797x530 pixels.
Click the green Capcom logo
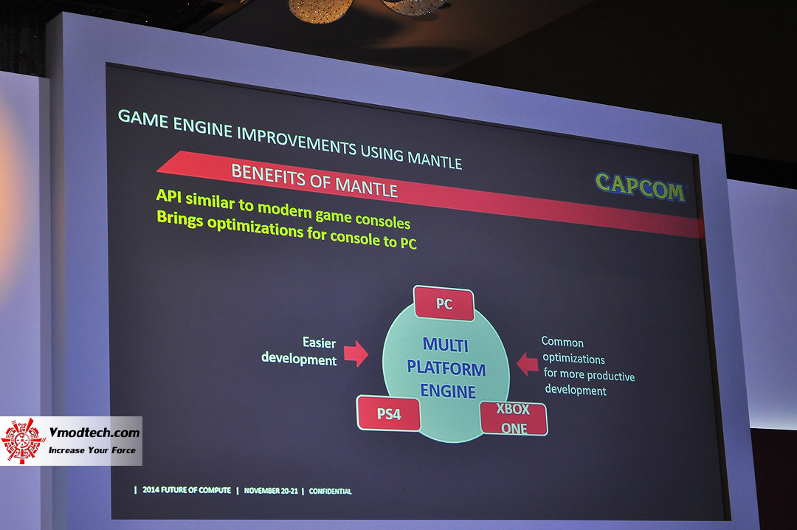tap(640, 187)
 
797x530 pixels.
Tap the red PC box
tap(444, 303)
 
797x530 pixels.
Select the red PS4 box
tap(389, 413)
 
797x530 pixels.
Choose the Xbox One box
tap(513, 419)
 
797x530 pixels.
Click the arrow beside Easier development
tap(356, 353)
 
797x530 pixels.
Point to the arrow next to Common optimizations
tap(527, 363)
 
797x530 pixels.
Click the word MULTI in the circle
tap(445, 345)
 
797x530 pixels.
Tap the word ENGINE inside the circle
tap(448, 391)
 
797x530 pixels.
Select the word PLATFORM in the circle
tap(446, 368)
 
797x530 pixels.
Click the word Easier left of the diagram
tap(319, 343)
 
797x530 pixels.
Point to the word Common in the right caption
tap(562, 343)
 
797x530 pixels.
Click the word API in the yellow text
tap(169, 197)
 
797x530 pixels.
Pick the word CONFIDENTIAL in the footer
tap(330, 491)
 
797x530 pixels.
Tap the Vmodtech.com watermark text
tap(94, 433)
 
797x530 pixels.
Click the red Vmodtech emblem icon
tap(24, 441)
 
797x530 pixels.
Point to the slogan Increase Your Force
tap(92, 450)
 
